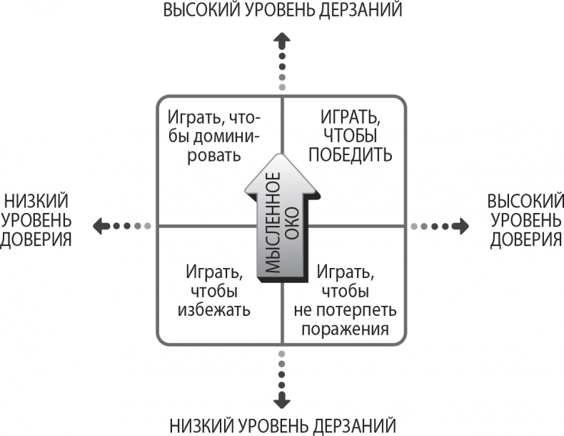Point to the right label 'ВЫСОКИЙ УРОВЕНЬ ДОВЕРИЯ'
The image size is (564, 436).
[525, 219]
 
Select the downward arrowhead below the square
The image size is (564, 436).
[283, 399]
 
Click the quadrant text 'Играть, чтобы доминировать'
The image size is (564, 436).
[214, 135]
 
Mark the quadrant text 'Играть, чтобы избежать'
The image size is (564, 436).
[213, 290]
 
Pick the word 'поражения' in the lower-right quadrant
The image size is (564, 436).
[345, 330]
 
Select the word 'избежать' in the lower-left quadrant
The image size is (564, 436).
[214, 310]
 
